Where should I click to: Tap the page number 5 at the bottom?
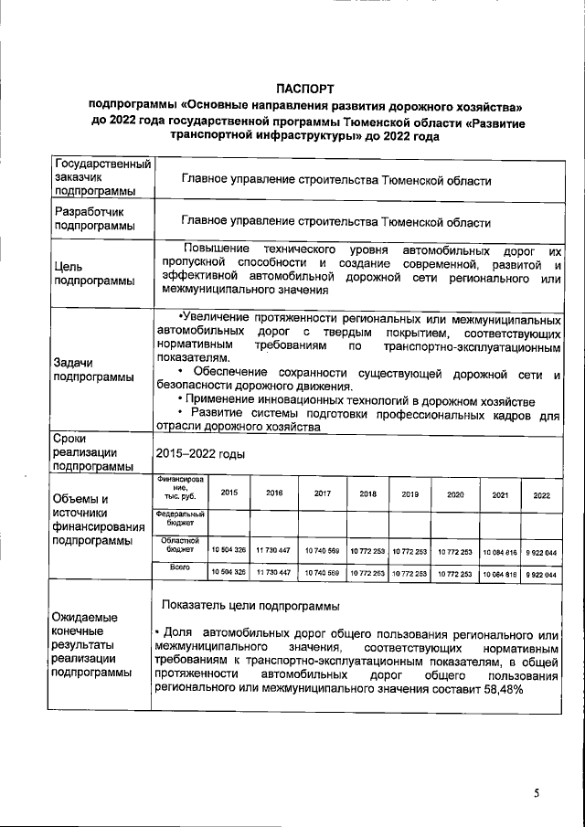538,792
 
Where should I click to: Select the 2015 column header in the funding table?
229,493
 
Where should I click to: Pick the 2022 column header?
541,494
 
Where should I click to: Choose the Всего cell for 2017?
322,572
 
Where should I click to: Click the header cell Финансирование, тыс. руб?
179,488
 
